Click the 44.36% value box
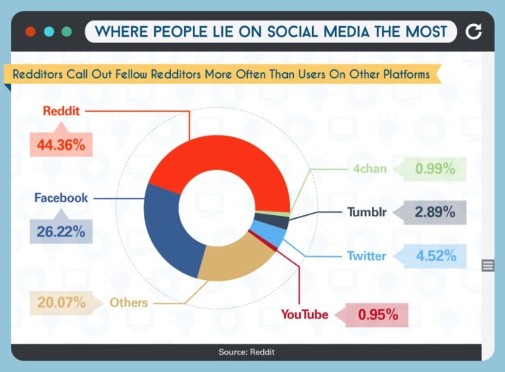[x=61, y=144]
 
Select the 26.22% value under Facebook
[x=61, y=231]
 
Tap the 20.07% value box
[x=61, y=302]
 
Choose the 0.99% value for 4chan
[x=435, y=168]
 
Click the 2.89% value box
[x=435, y=212]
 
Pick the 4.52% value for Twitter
[x=436, y=256]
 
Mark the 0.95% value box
[x=377, y=315]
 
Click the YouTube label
[x=305, y=314]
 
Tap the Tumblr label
[x=367, y=212]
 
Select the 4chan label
[x=370, y=168]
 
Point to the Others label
[x=129, y=303]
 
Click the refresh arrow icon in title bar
[x=474, y=31]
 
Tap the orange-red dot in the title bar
[x=31, y=31]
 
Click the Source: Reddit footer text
[x=247, y=352]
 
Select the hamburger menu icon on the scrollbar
[x=488, y=266]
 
